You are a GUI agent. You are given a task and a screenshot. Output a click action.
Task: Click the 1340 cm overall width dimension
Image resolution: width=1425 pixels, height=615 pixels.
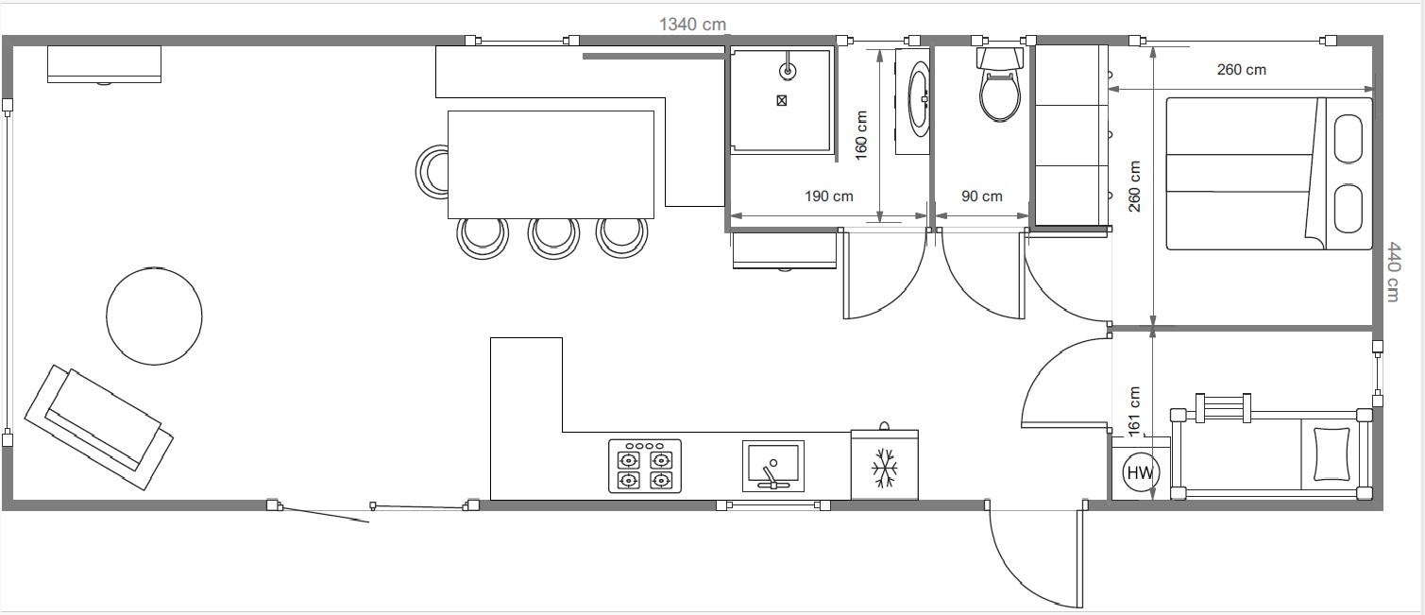(x=692, y=25)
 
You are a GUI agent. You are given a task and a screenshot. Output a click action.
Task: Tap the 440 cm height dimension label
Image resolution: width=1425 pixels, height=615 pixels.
(x=1393, y=271)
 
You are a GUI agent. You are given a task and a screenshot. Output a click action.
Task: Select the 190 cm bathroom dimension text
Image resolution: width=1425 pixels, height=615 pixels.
(x=829, y=196)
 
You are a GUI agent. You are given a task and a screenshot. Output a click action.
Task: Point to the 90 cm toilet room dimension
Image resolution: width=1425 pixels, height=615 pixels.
(x=981, y=196)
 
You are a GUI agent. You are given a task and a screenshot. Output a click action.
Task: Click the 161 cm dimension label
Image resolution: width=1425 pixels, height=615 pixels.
(x=1134, y=411)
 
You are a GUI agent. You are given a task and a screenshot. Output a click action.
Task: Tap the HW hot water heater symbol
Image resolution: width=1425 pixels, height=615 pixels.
(x=1141, y=473)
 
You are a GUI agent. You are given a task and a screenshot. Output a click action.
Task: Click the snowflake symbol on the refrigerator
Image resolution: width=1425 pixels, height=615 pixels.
(x=884, y=468)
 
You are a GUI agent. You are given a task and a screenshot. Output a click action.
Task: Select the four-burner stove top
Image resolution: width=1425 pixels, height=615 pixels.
(x=645, y=466)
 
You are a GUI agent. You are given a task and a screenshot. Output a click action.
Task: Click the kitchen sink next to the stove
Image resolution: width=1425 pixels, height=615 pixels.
(x=772, y=466)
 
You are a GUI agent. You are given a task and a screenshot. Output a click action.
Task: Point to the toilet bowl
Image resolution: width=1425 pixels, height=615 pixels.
(x=1000, y=96)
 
